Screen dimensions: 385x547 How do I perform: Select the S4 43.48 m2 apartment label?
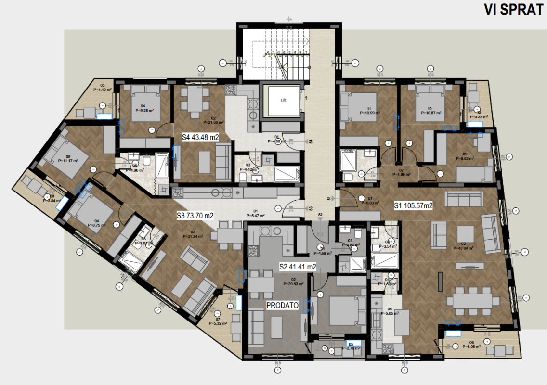point(200,137)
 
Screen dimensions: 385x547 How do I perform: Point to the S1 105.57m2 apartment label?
point(414,205)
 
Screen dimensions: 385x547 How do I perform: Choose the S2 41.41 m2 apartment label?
point(298,266)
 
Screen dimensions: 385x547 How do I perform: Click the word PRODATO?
point(283,305)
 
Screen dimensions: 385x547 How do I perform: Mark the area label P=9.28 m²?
point(144,110)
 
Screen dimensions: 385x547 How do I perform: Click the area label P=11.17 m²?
point(68,161)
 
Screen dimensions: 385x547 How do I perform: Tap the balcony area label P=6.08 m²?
point(472,346)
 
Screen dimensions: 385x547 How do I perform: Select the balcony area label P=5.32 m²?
point(218,323)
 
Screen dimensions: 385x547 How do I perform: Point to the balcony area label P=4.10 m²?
point(103,89)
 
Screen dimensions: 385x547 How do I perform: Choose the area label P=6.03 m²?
point(370,203)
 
